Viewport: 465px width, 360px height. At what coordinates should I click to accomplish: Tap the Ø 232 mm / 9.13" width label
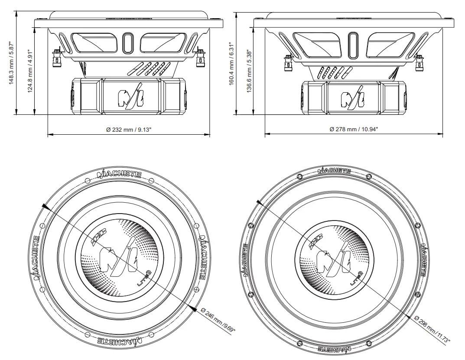click(129, 130)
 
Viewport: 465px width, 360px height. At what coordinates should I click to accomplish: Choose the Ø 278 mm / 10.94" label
click(354, 130)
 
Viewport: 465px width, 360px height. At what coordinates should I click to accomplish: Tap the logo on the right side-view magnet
click(352, 99)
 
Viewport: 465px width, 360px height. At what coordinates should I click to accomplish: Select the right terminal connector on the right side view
click(419, 63)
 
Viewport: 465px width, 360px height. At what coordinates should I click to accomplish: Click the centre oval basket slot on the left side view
click(128, 43)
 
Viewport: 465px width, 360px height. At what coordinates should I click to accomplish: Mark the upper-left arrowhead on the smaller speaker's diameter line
click(46, 207)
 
